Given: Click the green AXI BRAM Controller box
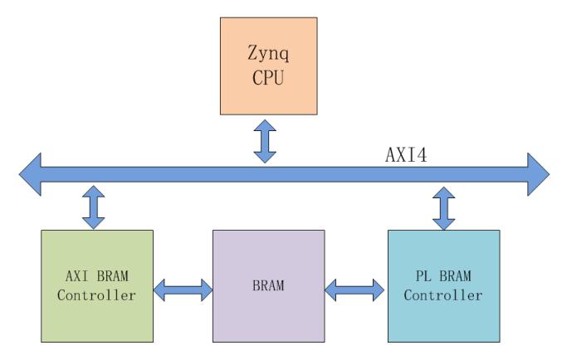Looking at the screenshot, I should pyautogui.click(x=97, y=285).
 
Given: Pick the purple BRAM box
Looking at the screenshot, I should pyautogui.click(x=268, y=285).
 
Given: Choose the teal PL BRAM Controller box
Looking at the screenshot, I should pyautogui.click(x=444, y=285).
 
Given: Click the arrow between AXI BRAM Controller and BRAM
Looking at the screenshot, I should pyautogui.click(x=183, y=289).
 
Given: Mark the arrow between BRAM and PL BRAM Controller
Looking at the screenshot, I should pyautogui.click(x=355, y=289).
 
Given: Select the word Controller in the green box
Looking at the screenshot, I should pyautogui.click(x=97, y=294).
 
